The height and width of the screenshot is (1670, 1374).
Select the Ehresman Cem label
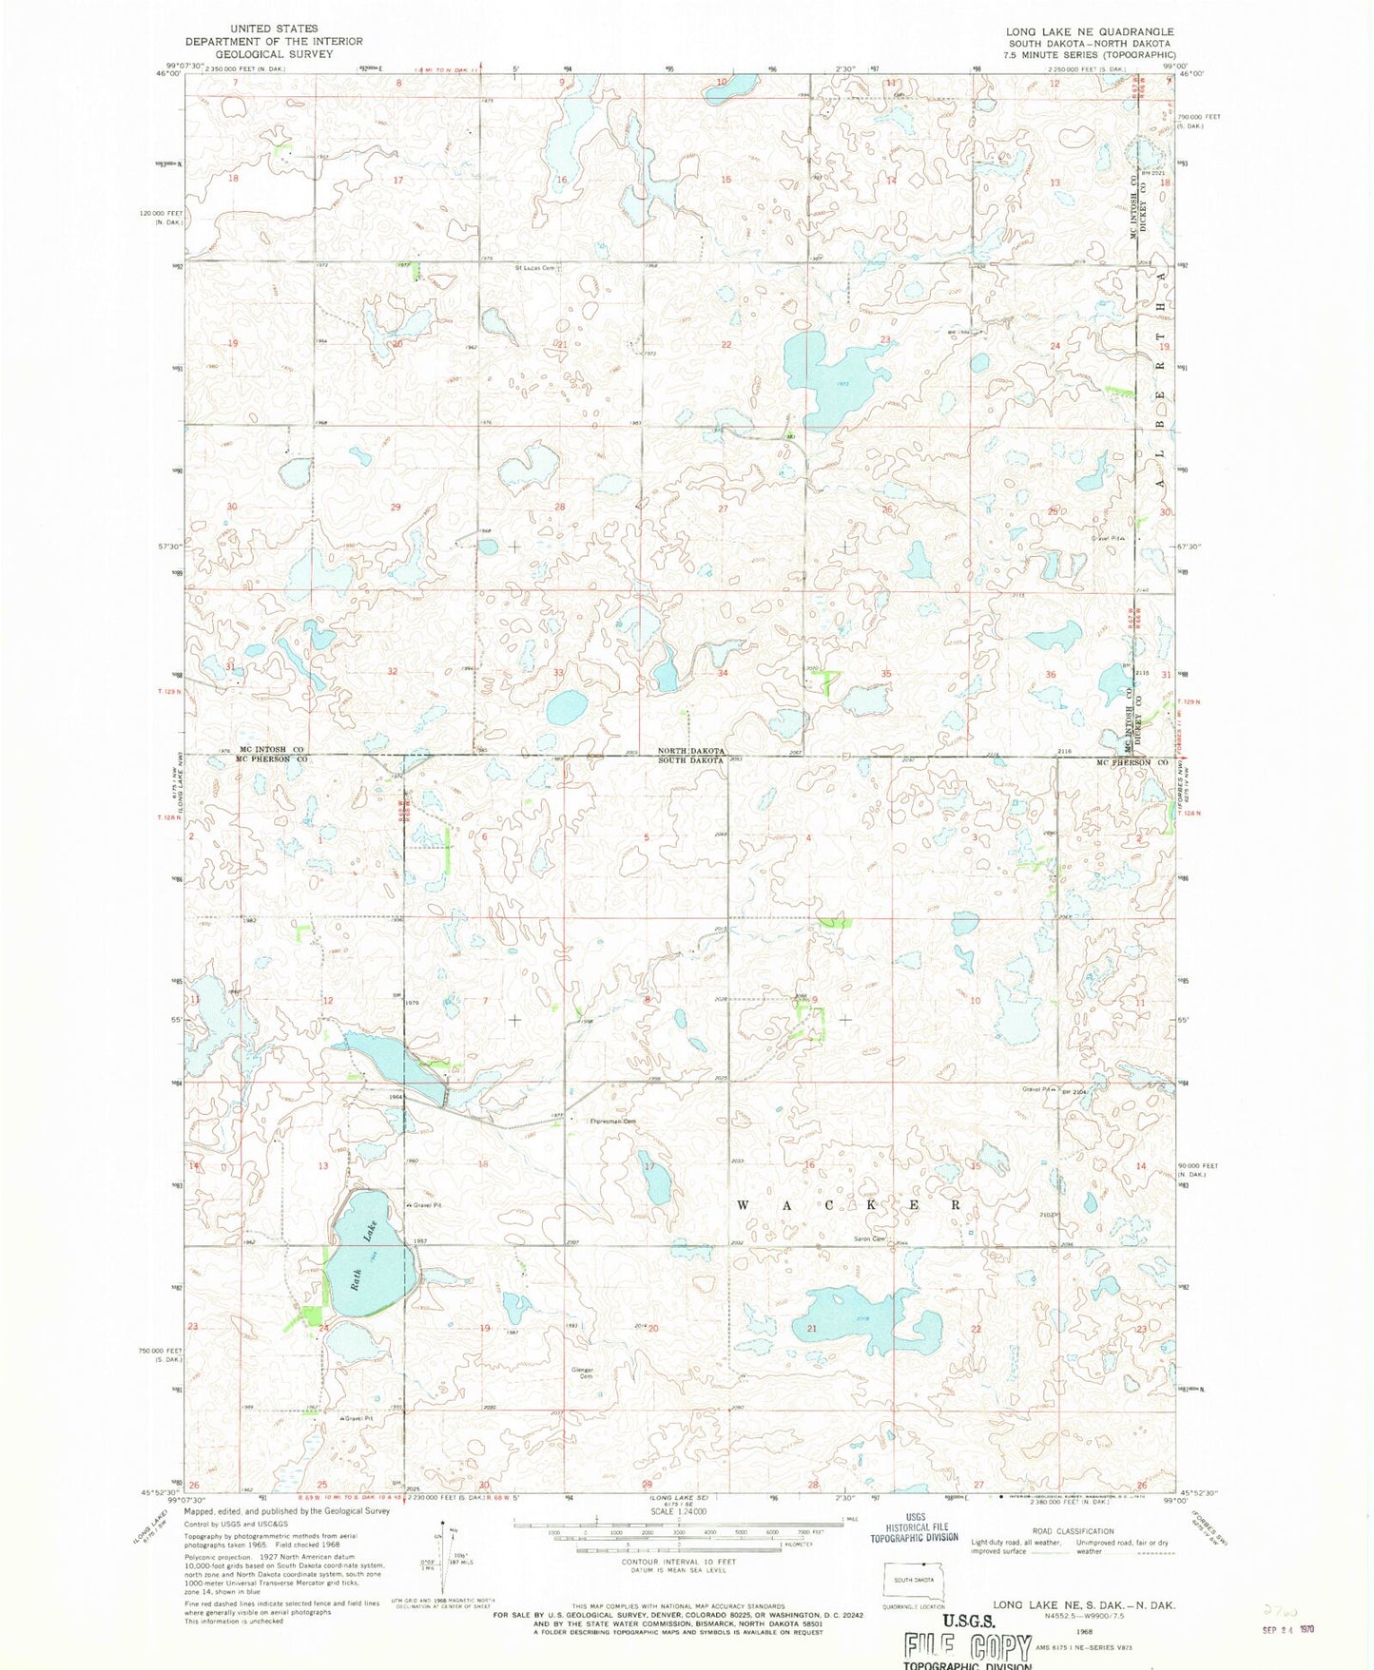tap(612, 1122)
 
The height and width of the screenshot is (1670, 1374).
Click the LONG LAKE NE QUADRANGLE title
tap(1090, 31)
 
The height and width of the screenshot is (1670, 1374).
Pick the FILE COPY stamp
tap(968, 1646)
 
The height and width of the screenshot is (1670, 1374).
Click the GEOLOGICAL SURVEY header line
tap(274, 54)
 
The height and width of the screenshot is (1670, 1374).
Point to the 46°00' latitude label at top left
tap(168, 73)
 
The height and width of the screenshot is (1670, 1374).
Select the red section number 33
tap(559, 673)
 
